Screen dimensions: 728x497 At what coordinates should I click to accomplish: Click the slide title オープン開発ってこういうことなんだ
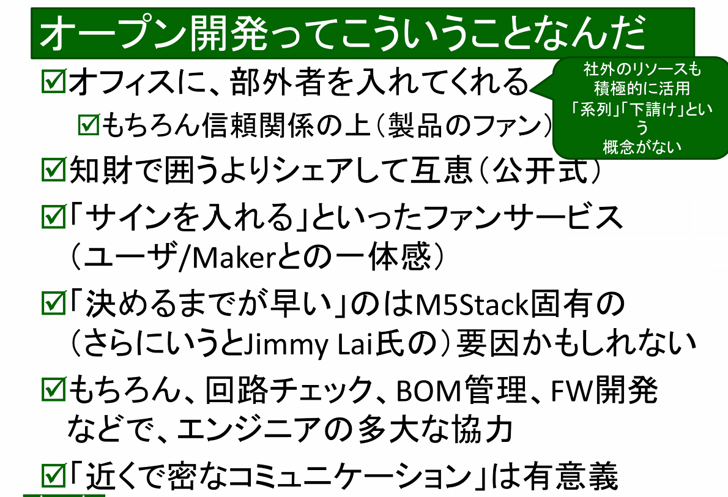coord(343,34)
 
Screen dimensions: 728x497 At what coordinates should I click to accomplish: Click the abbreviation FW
coord(561,389)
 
